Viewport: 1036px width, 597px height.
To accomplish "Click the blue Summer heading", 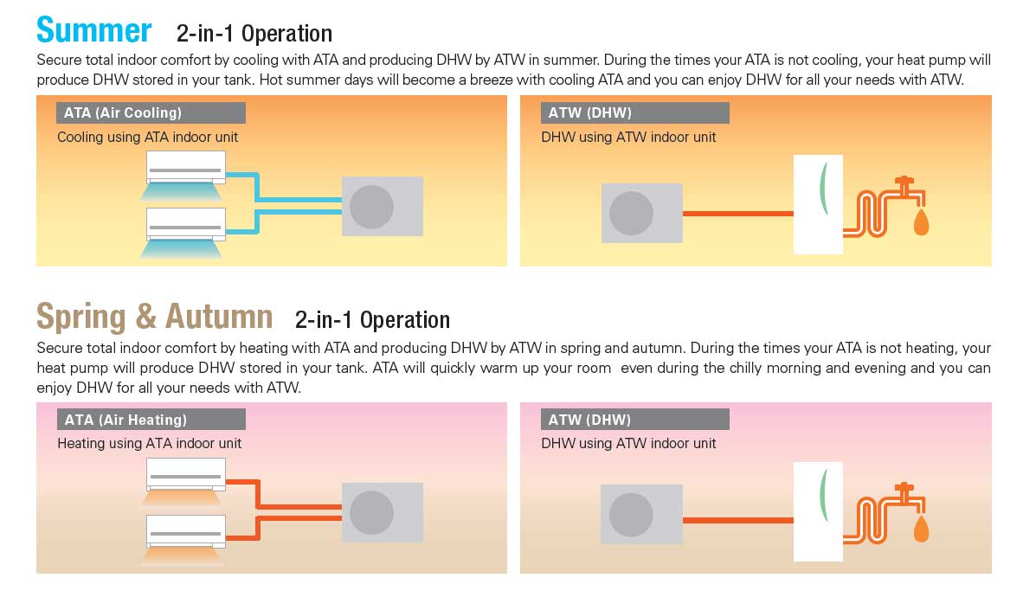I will click(94, 30).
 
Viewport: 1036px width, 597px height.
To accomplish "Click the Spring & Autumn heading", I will click(154, 317).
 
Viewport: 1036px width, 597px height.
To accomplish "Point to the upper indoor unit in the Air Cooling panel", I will click(185, 164).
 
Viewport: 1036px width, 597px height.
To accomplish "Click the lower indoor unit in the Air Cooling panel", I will click(185, 222).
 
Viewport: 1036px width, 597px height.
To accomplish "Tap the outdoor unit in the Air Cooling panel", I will click(383, 206).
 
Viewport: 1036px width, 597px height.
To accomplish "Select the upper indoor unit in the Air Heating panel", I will click(185, 472).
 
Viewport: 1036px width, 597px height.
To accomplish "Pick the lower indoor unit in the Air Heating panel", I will click(185, 530).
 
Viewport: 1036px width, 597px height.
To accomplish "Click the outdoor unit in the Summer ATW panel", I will click(641, 213).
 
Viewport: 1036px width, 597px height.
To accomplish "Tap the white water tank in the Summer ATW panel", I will click(818, 204).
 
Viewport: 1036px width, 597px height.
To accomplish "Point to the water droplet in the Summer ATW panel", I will click(921, 222).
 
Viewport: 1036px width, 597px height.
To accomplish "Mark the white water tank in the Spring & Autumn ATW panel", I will click(818, 511).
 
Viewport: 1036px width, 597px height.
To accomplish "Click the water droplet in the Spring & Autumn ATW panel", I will click(921, 529).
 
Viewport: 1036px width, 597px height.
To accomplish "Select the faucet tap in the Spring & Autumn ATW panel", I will click(904, 495).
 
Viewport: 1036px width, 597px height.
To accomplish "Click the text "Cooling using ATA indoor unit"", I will click(147, 137).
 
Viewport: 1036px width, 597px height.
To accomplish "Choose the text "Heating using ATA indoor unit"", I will click(149, 443).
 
